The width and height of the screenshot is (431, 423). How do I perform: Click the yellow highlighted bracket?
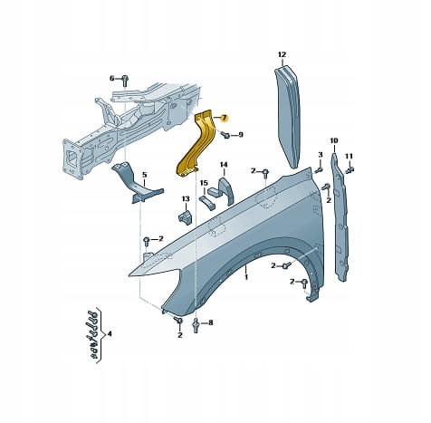click(197, 144)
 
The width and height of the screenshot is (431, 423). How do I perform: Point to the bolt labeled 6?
click(125, 81)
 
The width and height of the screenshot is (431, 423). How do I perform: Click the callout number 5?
click(144, 175)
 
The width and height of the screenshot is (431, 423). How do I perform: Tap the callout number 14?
click(224, 165)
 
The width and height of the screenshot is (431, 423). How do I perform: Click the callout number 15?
click(204, 183)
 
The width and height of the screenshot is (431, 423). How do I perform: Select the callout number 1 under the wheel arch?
click(246, 276)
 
